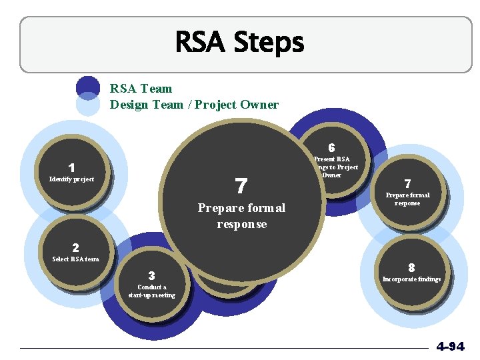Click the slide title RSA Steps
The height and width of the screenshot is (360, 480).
click(239, 43)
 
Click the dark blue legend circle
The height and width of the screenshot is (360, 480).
click(88, 87)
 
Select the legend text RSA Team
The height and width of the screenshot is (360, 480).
click(141, 89)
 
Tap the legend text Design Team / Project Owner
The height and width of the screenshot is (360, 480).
click(194, 105)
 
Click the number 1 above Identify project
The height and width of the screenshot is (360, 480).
click(71, 168)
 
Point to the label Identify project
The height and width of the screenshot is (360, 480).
click(72, 179)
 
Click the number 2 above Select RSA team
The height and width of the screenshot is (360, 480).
click(75, 248)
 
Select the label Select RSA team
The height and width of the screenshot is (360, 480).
click(75, 259)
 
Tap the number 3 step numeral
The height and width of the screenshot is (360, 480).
click(152, 275)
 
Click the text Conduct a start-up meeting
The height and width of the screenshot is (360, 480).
click(152, 291)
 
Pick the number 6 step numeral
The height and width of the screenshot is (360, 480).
click(331, 147)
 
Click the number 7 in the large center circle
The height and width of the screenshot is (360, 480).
click(241, 186)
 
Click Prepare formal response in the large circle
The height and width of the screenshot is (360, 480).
click(241, 216)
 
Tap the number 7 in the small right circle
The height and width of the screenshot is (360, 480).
click(407, 183)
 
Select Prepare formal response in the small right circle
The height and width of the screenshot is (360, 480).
click(407, 199)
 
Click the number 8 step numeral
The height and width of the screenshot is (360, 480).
click(411, 267)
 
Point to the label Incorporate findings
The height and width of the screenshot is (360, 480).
click(411, 279)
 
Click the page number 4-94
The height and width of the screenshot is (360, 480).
click(451, 347)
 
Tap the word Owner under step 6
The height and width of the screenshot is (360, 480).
click(332, 175)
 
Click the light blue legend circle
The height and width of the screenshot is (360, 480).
click(88, 105)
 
